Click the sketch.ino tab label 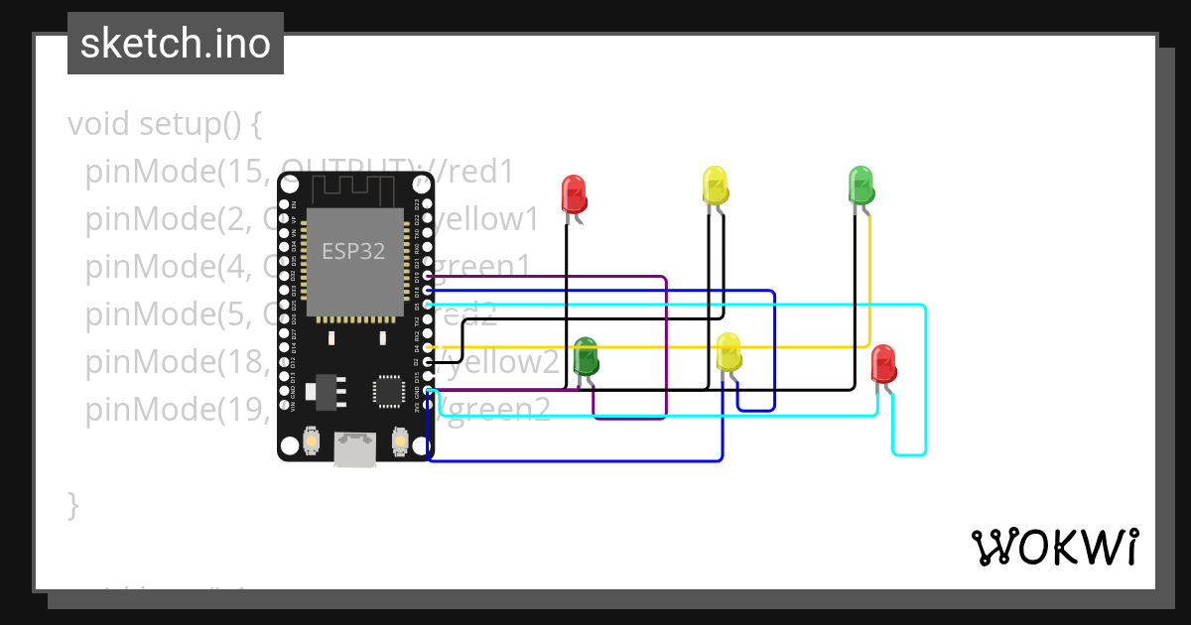coord(176,44)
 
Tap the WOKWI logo coord(1053,547)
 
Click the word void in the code coord(99,125)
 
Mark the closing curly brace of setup coord(72,504)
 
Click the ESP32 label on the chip coord(353,251)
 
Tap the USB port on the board coord(354,447)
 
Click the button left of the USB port coord(312,440)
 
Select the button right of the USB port coord(400,438)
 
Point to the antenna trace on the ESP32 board coord(355,187)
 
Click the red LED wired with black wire coord(574,193)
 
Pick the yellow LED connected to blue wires coord(728,352)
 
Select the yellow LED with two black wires coord(715,186)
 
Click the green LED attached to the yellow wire coord(860,186)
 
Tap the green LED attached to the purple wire coord(586,356)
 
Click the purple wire coord(665,347)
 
